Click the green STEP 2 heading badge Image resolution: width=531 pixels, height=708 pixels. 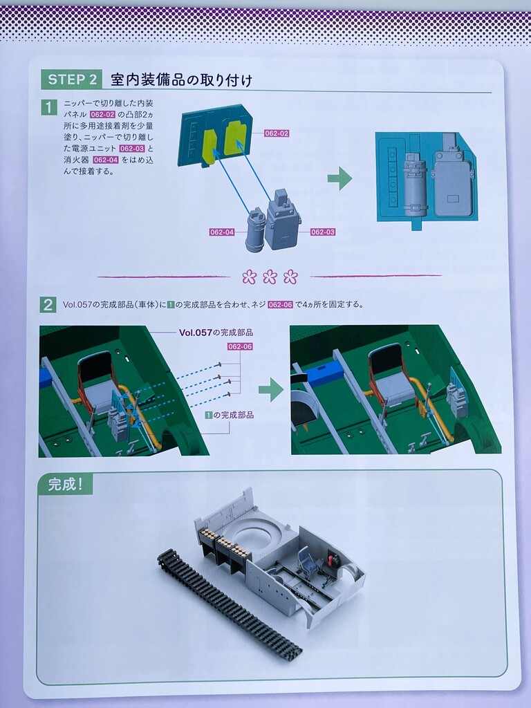[x=71, y=80]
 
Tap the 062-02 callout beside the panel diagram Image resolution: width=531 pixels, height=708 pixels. [x=277, y=133]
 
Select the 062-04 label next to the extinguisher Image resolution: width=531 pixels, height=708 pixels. [x=222, y=232]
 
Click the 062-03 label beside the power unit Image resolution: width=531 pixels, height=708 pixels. [x=323, y=232]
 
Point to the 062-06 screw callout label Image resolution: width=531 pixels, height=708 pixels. [x=240, y=346]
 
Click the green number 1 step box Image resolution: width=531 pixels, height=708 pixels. [x=49, y=107]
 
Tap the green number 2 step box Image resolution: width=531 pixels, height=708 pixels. [x=48, y=305]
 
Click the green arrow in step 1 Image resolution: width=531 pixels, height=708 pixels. [x=339, y=178]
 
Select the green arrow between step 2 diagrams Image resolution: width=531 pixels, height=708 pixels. [x=271, y=390]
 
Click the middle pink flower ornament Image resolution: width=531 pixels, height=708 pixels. [x=270, y=277]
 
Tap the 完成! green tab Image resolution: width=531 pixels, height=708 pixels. [x=66, y=485]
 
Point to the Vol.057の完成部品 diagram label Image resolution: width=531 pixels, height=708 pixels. [x=216, y=333]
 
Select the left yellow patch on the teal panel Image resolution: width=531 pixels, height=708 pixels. [x=209, y=147]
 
